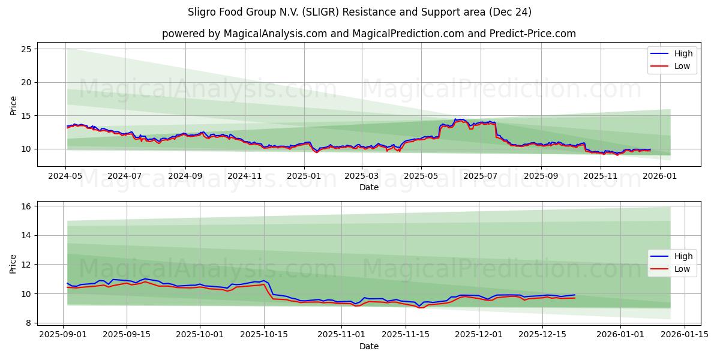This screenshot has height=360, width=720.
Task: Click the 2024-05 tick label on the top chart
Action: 66,176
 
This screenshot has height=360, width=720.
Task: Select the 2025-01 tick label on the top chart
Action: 304,176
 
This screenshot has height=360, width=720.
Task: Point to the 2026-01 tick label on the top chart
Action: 659,176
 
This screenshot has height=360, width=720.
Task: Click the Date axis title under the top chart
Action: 368,187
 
